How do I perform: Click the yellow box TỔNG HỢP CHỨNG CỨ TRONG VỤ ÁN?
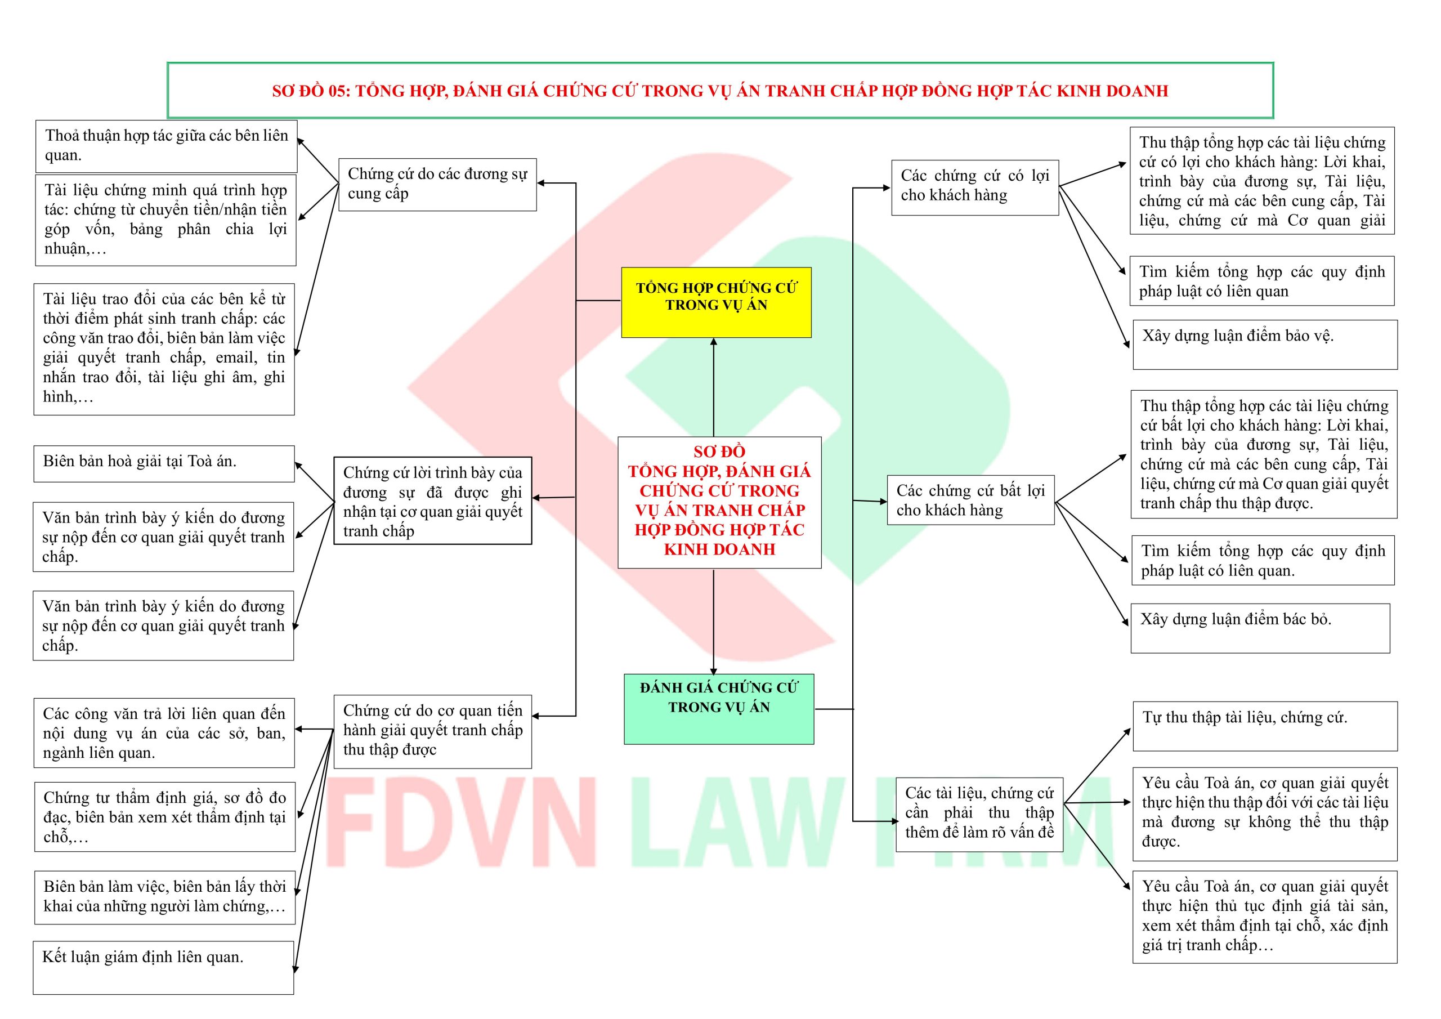(716, 303)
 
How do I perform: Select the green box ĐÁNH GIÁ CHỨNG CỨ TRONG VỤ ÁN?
(719, 709)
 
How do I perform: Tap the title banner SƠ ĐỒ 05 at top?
(720, 91)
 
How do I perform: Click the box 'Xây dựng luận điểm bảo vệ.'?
(1265, 345)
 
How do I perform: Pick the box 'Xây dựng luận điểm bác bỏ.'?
(1260, 628)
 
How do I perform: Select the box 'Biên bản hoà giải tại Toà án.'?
(164, 463)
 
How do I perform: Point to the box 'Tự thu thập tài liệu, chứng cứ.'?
(1265, 726)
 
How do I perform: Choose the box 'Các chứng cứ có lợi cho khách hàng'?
(975, 187)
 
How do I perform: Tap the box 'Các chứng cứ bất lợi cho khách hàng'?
(970, 500)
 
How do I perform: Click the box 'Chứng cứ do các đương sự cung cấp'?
(437, 184)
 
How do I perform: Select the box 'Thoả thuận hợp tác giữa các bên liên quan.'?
(166, 146)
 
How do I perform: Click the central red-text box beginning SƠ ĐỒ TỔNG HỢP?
(719, 502)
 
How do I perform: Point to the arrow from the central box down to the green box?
(714, 622)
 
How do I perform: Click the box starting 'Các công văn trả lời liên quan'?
(164, 732)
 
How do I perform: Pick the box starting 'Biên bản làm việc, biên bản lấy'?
(164, 897)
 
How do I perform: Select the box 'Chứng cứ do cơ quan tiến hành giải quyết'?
(432, 731)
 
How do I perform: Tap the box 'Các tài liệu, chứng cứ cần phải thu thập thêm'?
(979, 814)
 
